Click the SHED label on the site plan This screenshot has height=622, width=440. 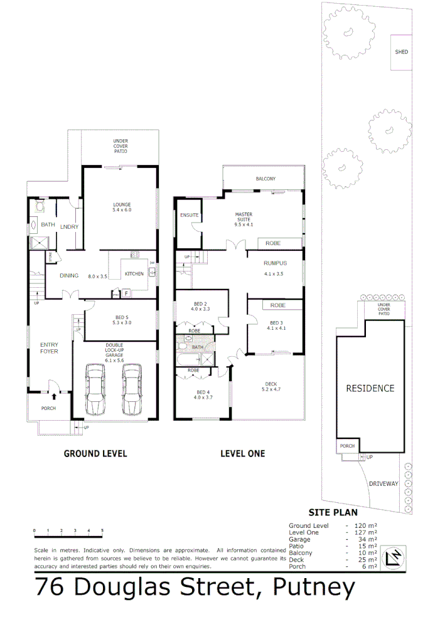point(401,52)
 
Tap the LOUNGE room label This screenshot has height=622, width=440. point(121,208)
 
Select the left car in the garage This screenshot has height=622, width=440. point(95,392)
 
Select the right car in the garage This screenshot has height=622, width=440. point(133,392)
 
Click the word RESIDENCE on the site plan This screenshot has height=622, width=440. point(370,388)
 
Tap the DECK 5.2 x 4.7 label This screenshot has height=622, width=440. point(271,387)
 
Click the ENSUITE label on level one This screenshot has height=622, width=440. point(189,215)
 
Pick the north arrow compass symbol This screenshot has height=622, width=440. point(395,557)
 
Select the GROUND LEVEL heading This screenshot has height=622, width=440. point(95,453)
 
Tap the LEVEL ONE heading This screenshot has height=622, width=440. point(242,453)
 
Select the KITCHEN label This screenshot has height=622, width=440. point(134,274)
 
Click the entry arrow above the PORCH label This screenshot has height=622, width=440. point(53,396)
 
